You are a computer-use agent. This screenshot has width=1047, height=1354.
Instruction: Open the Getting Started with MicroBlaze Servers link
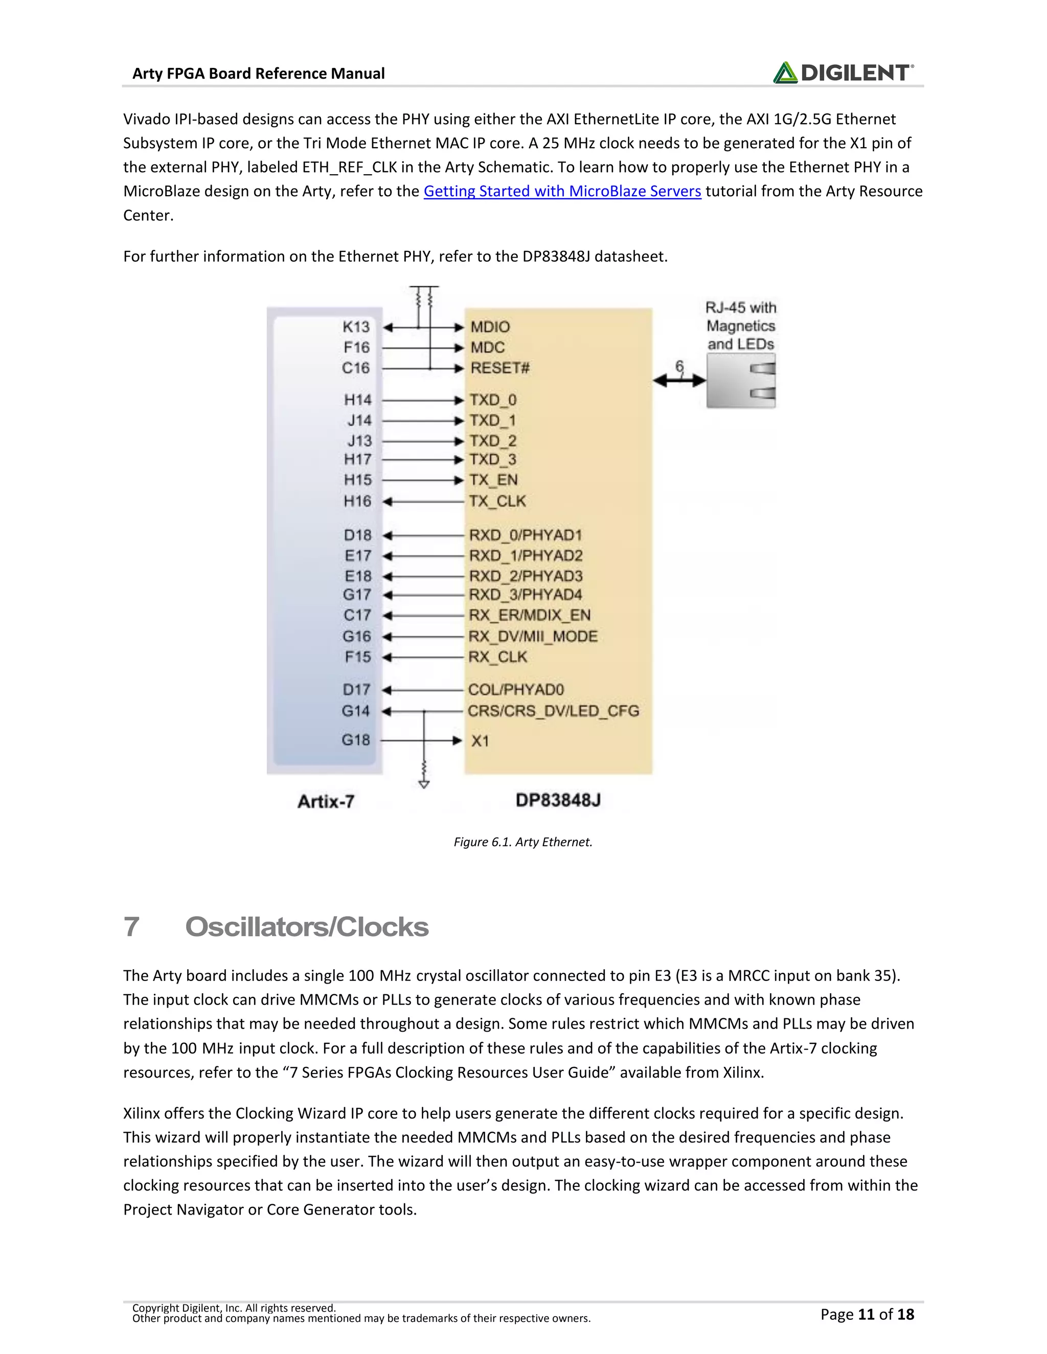point(562,191)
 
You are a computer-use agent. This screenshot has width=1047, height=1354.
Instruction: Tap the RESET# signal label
point(500,368)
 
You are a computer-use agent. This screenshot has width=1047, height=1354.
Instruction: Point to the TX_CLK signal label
point(497,501)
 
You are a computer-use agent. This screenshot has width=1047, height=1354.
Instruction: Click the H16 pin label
point(357,501)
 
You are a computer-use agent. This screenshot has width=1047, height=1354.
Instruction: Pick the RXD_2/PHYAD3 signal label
point(526,576)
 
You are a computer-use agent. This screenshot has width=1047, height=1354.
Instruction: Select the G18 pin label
point(355,740)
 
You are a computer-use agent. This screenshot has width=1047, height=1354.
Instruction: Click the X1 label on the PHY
point(480,741)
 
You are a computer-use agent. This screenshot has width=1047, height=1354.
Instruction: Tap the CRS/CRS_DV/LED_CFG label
point(553,711)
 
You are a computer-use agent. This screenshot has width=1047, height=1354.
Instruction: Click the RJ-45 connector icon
point(741,380)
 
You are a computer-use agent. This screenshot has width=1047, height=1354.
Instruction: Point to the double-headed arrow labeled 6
point(679,380)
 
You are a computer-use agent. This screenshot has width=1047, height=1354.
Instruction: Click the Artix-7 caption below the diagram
point(326,802)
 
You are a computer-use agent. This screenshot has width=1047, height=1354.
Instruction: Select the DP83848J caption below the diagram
point(558,800)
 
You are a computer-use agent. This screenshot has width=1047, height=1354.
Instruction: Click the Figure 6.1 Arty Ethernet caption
point(523,842)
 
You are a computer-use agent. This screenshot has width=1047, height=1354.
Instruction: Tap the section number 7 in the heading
point(131,927)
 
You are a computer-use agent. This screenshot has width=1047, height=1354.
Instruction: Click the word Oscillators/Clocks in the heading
point(306,927)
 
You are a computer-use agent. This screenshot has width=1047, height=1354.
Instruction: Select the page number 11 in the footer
point(866,1314)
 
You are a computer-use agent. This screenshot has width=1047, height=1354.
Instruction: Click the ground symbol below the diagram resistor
point(424,784)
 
